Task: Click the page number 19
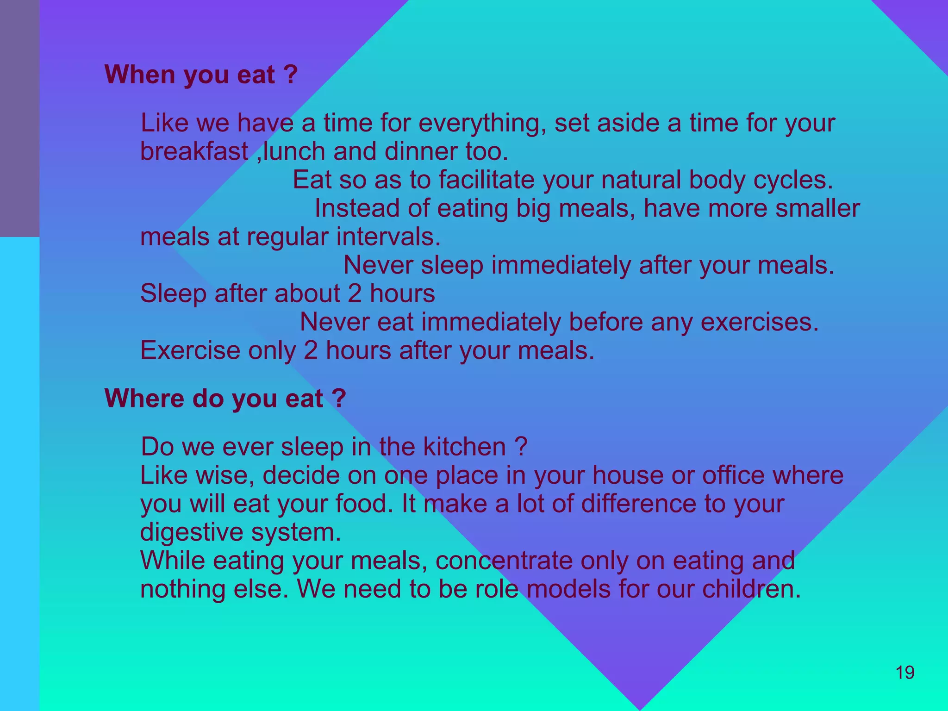pos(905,673)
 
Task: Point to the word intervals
pos(388,237)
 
